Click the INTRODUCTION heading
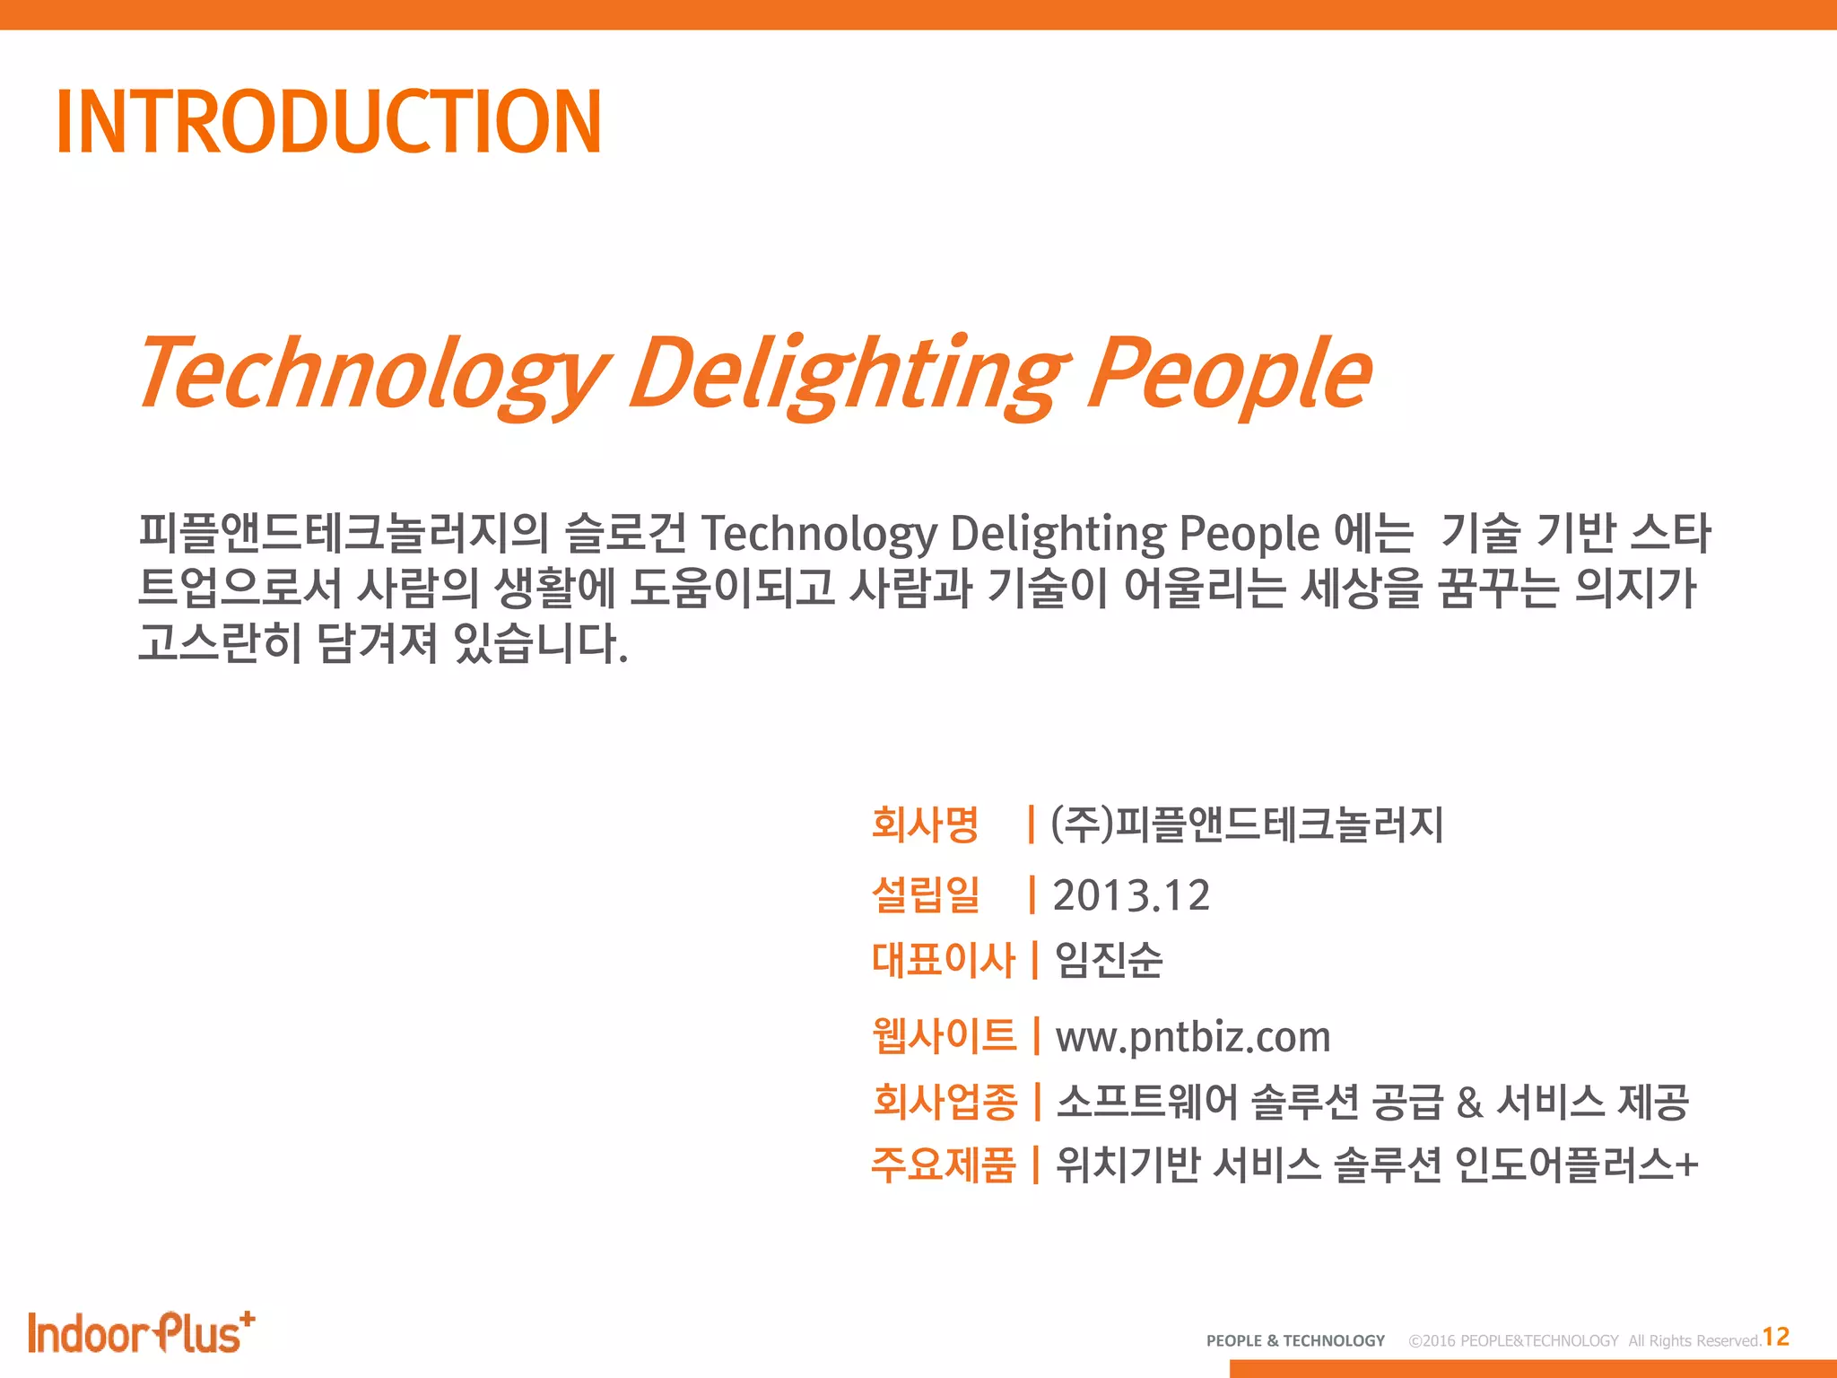pyautogui.click(x=328, y=122)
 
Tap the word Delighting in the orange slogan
pyautogui.click(x=848, y=372)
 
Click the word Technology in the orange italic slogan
pyautogui.click(x=372, y=372)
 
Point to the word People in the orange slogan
pyautogui.click(x=1229, y=372)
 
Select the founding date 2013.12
pyautogui.click(x=1131, y=895)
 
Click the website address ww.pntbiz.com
pyautogui.click(x=1193, y=1037)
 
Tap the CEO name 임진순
pyautogui.click(x=1109, y=960)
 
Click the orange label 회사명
pyautogui.click(x=925, y=824)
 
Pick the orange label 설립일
pyautogui.click(x=925, y=895)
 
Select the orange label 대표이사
pyautogui.click(x=944, y=960)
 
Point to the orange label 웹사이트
pyautogui.click(x=944, y=1036)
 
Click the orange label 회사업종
pyautogui.click(x=945, y=1102)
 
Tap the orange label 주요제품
pyautogui.click(x=944, y=1165)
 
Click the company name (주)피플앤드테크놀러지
pyautogui.click(x=1247, y=824)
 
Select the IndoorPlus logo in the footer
pyautogui.click(x=141, y=1333)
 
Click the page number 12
pyautogui.click(x=1776, y=1338)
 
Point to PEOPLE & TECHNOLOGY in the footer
pyautogui.click(x=1295, y=1341)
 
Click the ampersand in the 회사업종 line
pyautogui.click(x=1469, y=1103)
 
